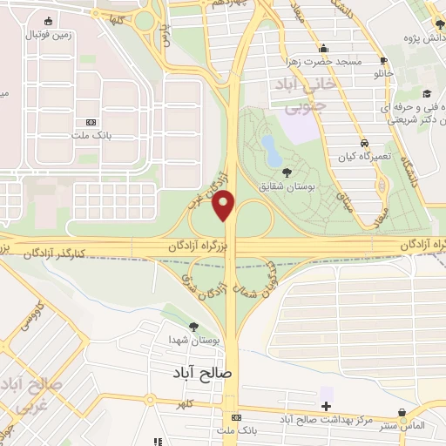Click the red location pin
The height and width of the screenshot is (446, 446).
click(x=225, y=204)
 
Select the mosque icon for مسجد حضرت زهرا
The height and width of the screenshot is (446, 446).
click(x=324, y=49)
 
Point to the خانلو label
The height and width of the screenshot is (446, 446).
click(x=383, y=77)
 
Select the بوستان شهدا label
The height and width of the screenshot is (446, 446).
click(x=193, y=341)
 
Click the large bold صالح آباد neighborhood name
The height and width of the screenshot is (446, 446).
click(x=199, y=371)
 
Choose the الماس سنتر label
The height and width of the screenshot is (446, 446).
click(x=402, y=424)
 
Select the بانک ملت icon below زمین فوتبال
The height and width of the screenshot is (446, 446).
click(x=92, y=124)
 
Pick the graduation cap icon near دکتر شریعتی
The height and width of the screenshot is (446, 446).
click(x=426, y=94)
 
